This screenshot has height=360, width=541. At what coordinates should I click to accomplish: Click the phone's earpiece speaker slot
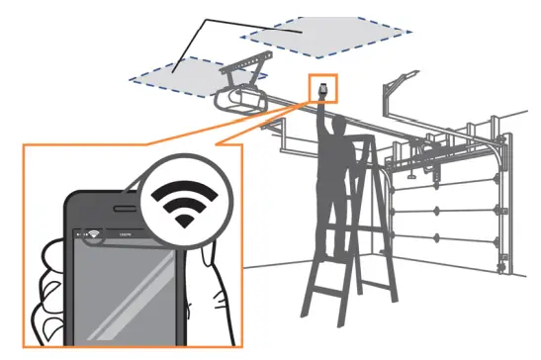118,210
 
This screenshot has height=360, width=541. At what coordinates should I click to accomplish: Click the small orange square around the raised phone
323,88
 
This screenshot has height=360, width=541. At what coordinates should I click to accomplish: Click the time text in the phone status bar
125,235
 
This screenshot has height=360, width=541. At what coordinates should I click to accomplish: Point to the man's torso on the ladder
335,158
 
